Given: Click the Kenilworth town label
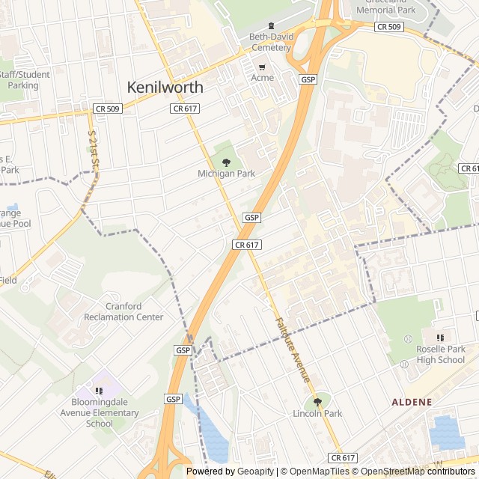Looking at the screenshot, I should [165, 87].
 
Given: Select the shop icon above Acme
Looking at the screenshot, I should [262, 66].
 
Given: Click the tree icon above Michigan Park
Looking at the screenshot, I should [226, 162].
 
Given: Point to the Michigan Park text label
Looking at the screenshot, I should [226, 174].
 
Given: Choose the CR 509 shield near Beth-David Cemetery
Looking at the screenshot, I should [388, 27].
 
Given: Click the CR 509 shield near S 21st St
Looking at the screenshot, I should [107, 109].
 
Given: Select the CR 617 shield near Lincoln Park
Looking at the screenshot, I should [342, 457].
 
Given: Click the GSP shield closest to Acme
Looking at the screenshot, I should [307, 79].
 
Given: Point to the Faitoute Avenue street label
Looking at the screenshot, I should [293, 350].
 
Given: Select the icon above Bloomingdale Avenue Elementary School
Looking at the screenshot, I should [99, 391].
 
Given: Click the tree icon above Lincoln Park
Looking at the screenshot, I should [317, 402].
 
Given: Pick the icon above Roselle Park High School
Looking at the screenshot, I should [440, 338].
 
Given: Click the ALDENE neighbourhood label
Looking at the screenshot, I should [412, 402].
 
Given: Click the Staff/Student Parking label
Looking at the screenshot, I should [24, 80].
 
